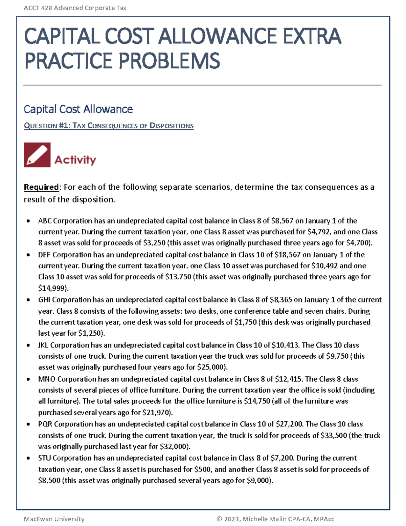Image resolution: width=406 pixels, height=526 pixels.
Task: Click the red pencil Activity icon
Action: (x=37, y=155)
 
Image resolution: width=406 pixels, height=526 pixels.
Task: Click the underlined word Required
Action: (x=41, y=187)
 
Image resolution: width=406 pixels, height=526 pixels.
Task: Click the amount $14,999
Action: (x=52, y=288)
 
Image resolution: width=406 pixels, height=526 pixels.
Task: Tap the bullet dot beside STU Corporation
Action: (x=28, y=458)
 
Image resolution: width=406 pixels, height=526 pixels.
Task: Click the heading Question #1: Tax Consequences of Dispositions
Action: (x=109, y=126)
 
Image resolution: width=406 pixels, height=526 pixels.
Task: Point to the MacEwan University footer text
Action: (x=54, y=519)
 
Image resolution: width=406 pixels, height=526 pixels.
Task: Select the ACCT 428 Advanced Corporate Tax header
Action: (x=75, y=8)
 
